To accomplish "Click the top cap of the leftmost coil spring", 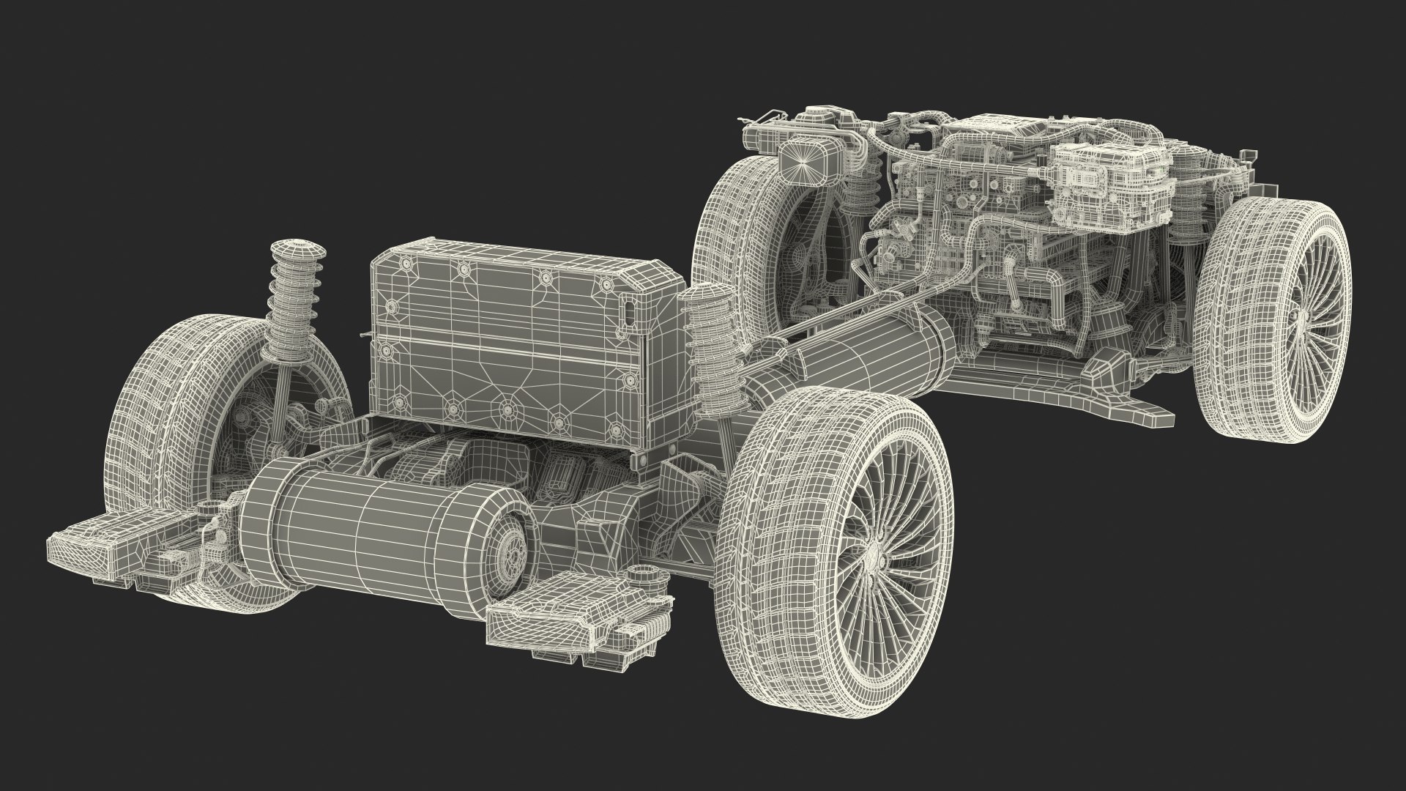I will pyautogui.click(x=296, y=246).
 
